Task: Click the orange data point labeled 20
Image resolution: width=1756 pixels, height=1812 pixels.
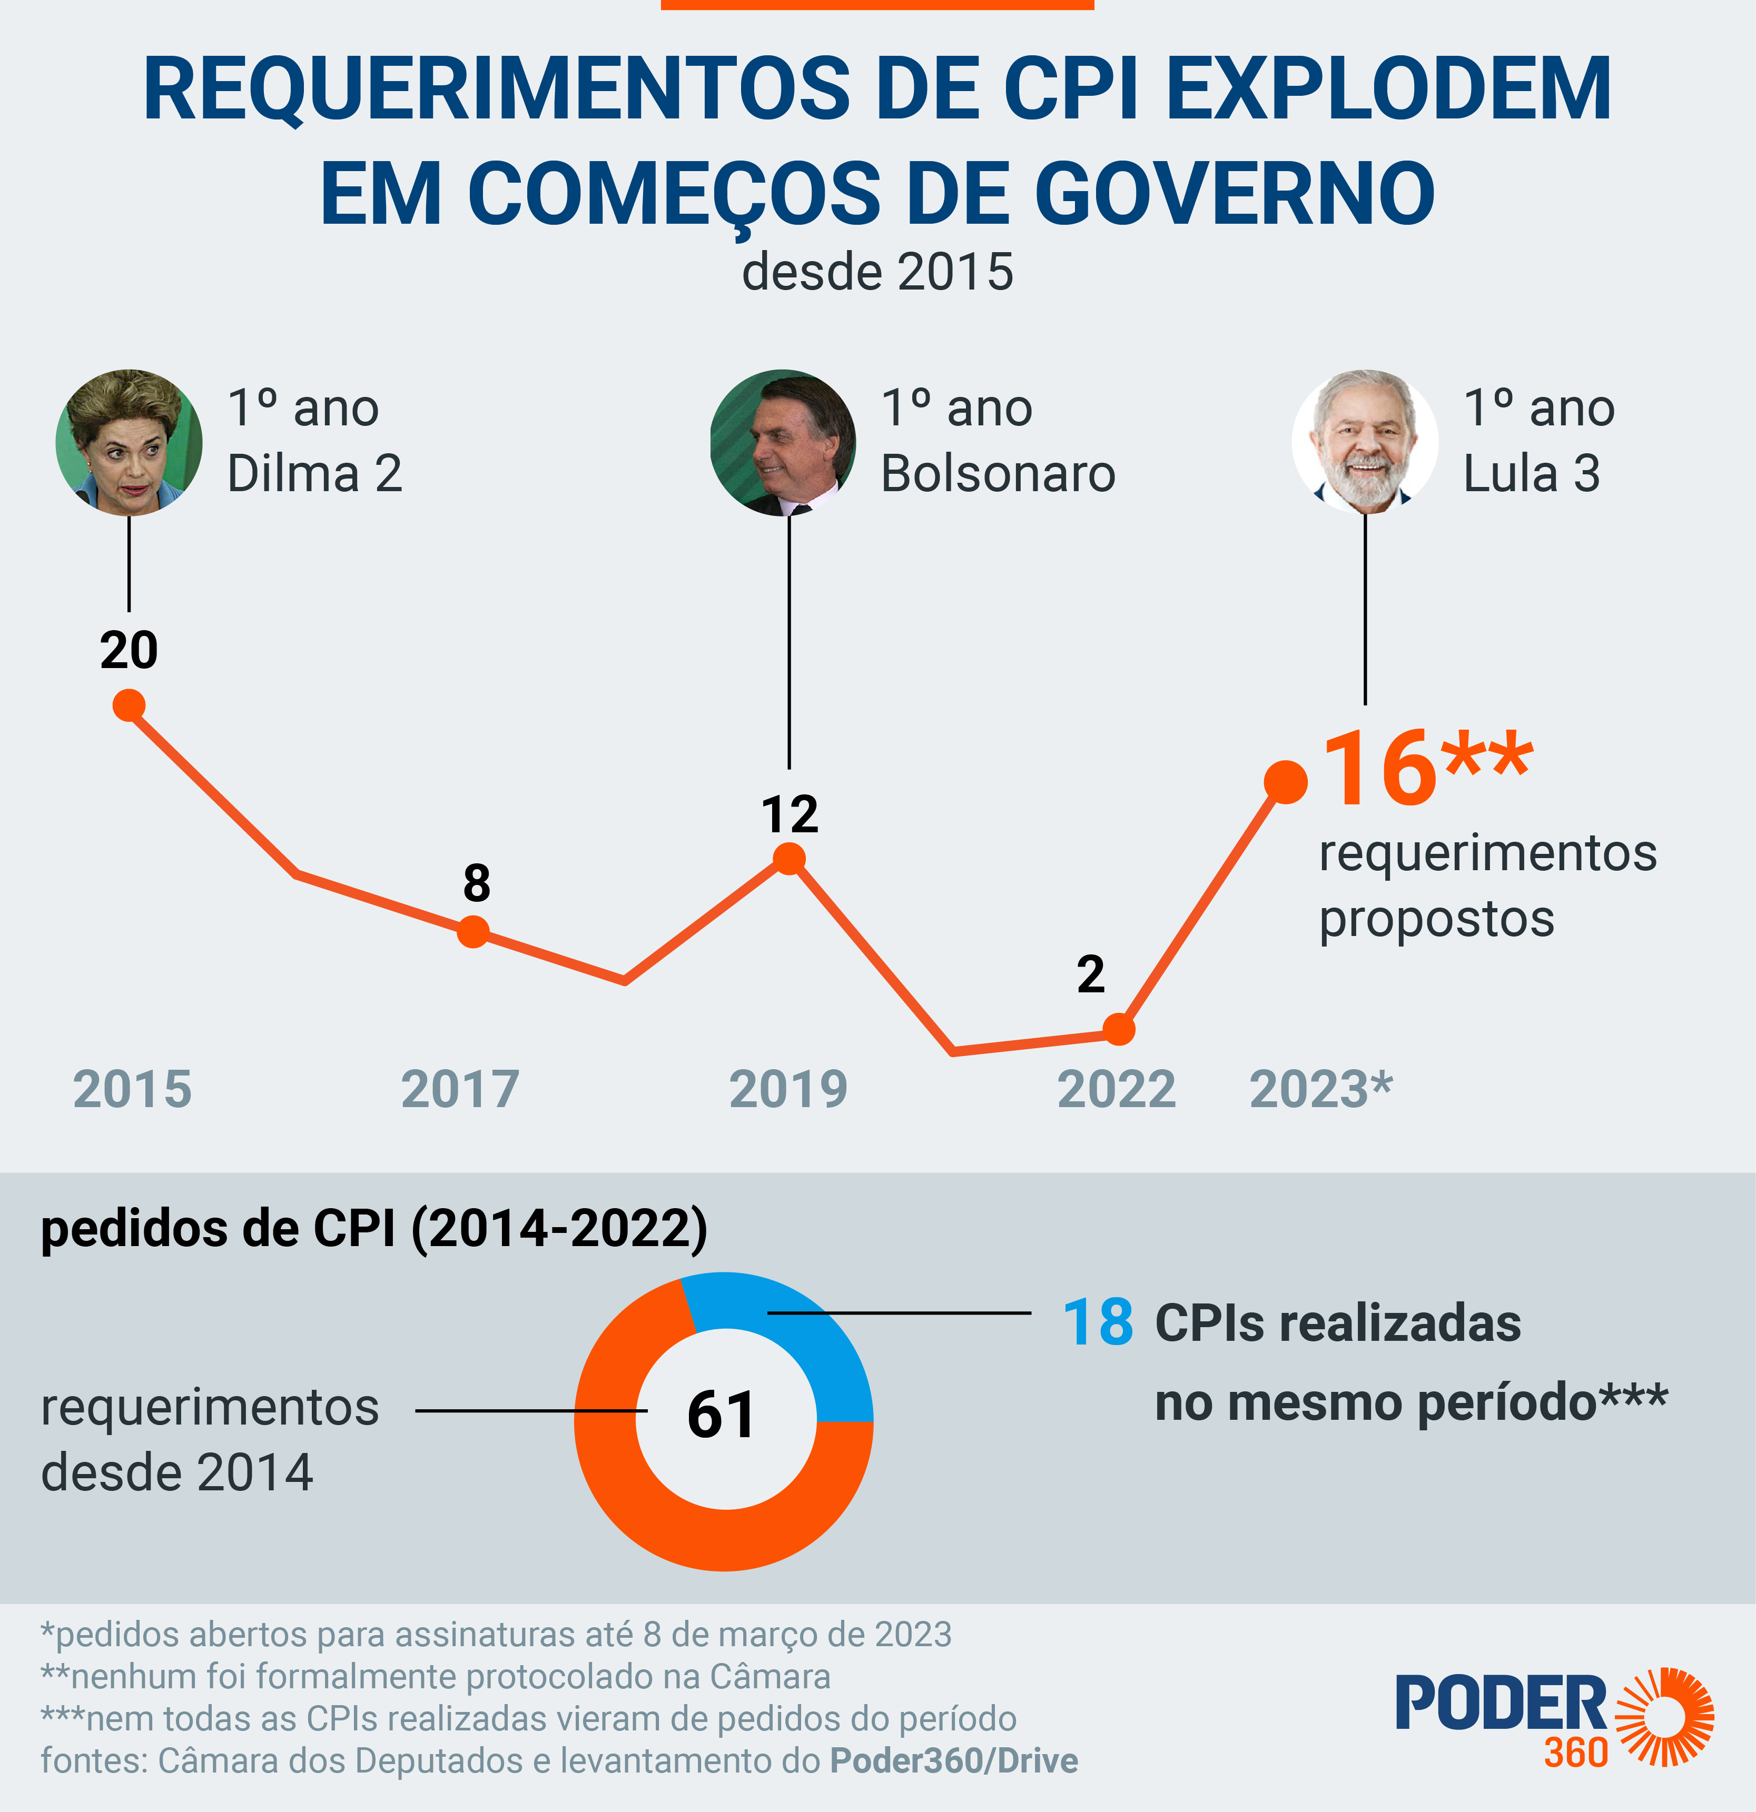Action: [129, 705]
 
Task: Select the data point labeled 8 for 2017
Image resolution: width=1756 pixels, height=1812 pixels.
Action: [472, 931]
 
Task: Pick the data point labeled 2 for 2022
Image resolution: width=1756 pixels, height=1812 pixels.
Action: [1119, 1029]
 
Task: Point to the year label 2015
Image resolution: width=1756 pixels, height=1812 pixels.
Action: [132, 1089]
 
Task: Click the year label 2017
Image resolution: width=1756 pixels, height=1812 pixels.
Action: [460, 1089]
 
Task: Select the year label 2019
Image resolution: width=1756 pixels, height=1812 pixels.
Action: [788, 1089]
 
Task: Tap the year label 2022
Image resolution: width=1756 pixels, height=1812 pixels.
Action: [1116, 1089]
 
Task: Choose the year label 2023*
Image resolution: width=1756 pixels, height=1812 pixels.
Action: [1320, 1089]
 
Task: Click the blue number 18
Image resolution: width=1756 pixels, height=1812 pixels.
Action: [1098, 1322]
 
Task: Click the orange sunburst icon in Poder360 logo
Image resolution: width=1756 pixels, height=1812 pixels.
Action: [1664, 1717]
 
